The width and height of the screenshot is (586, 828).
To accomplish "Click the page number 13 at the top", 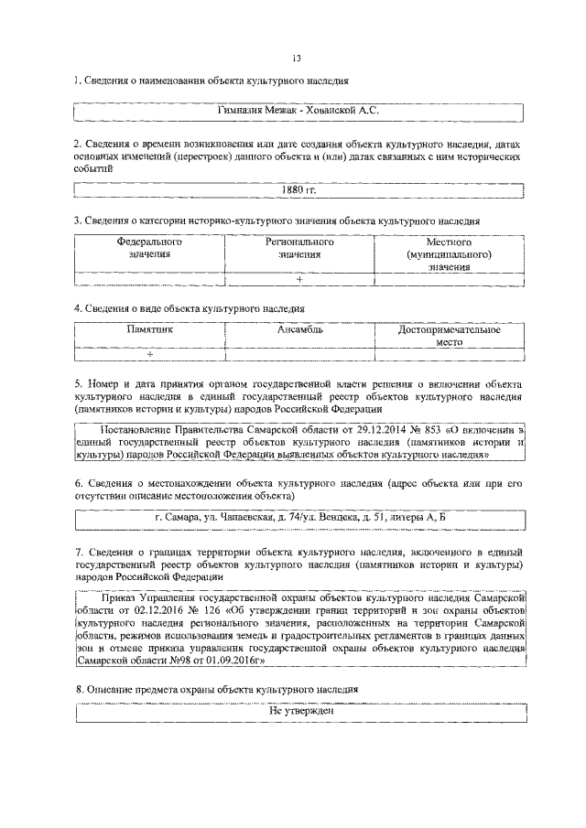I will [297, 60].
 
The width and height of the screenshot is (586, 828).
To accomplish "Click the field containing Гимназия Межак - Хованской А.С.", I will [298, 111].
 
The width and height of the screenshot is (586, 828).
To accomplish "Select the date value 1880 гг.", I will [298, 190].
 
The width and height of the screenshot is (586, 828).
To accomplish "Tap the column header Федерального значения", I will [149, 248].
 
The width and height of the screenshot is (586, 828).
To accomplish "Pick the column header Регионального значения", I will [299, 248].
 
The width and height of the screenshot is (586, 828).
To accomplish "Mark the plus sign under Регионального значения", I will [299, 278].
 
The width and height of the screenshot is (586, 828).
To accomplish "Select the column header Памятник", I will [149, 330].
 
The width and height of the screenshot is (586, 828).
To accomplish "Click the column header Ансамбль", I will [299, 330].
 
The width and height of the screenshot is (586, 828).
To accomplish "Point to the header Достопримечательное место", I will [449, 335].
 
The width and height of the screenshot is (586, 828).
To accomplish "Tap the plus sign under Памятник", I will [149, 354].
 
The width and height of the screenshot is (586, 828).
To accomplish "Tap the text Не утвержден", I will [299, 710].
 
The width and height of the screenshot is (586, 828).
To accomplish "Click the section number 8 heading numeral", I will [77, 688].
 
